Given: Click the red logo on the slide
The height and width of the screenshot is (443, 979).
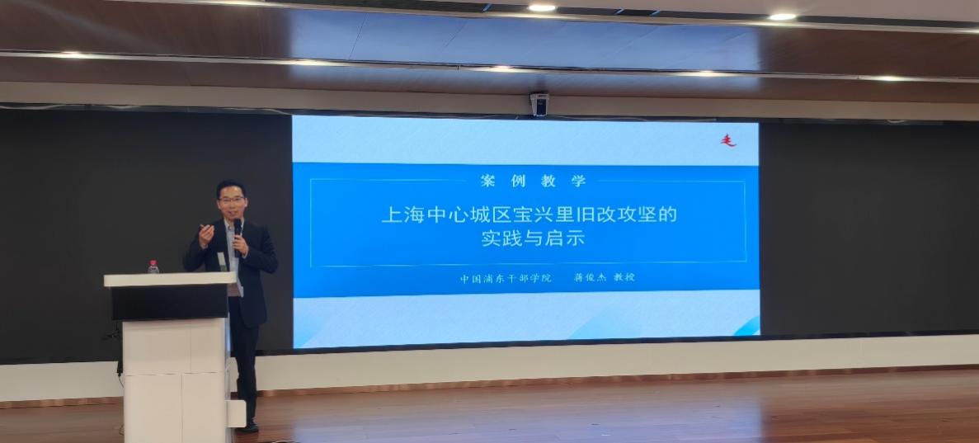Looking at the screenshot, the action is [728, 140].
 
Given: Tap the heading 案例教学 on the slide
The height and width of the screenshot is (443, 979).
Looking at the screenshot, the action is [533, 181].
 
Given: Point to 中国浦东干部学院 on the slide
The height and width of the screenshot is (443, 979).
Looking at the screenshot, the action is [506, 278].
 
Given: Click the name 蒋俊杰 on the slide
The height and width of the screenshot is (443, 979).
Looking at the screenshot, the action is [590, 277].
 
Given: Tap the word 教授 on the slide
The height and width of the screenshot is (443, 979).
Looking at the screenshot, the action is [624, 277].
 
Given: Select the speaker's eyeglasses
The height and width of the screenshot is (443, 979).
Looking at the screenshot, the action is [232, 200].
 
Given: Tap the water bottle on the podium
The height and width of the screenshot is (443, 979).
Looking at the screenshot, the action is [153, 266].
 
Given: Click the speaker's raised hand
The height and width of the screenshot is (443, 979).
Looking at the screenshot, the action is [206, 235].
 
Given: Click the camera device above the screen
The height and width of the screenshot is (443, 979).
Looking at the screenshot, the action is [539, 104].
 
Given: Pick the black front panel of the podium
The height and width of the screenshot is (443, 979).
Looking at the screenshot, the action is [170, 303].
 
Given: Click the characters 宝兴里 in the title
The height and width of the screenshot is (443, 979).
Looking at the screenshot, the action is [543, 215].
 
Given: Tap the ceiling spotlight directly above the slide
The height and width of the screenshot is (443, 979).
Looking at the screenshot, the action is [541, 8].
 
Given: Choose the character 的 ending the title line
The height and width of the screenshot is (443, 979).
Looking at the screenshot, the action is [667, 215].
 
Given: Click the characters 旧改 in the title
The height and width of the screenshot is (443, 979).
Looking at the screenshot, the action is [595, 215].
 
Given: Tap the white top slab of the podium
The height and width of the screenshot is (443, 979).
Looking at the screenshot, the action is [170, 280].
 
